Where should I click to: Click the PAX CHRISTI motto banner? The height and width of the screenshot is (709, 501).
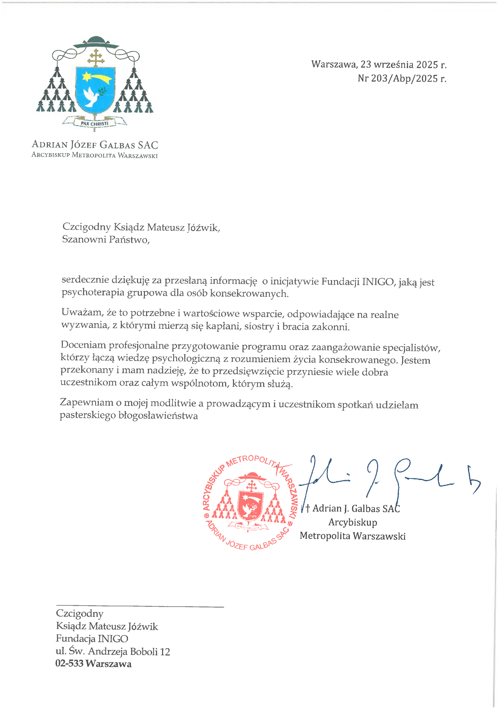pos(94,123)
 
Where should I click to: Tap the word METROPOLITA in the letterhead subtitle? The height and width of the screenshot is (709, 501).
pos(94,155)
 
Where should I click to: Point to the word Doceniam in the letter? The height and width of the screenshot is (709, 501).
pos(83,345)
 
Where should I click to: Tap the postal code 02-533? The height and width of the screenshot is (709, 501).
pos(69,663)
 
